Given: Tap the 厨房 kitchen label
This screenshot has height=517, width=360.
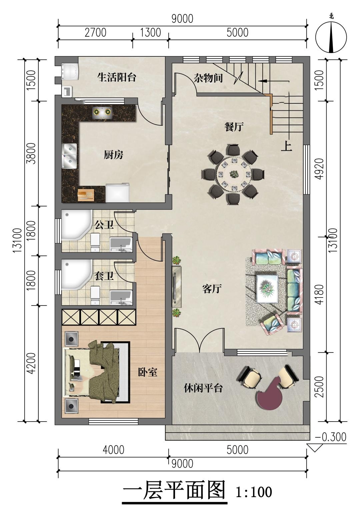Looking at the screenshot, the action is pos(113,155).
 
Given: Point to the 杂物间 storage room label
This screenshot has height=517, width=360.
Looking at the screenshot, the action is pos(208,78).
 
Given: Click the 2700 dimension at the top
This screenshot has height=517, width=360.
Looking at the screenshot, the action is pos(95,33).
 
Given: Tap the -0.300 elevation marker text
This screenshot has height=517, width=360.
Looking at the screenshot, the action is pos(330,437).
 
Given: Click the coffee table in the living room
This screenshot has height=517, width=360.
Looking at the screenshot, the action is pos(268,289).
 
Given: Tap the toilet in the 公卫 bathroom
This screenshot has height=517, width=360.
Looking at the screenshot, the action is pos(95,242).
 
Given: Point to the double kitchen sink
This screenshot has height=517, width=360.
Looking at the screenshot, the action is pos(69,155).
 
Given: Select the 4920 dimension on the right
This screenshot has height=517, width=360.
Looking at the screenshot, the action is pos(319,169).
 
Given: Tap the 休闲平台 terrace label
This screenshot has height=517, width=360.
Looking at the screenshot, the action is pos(203,388).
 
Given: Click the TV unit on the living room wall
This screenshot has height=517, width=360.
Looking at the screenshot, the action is pos(177,287).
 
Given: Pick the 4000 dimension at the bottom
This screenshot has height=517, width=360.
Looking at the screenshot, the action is pos(113,450).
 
